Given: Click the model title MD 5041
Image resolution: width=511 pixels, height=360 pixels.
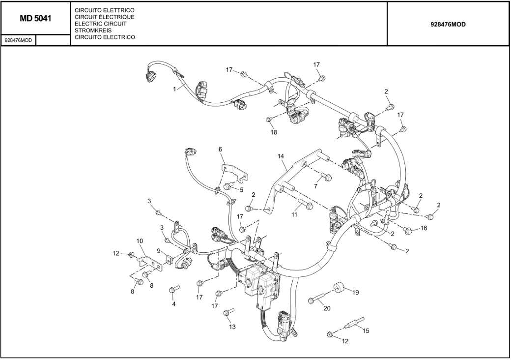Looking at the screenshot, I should (35, 19).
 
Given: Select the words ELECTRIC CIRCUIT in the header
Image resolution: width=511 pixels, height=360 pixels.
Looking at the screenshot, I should (100, 24).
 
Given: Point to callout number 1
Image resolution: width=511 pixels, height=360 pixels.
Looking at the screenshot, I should (174, 89).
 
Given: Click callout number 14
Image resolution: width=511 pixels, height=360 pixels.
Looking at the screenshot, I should (281, 156).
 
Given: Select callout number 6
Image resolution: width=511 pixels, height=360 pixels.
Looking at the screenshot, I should (220, 149).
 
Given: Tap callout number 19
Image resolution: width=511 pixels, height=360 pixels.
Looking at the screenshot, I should (355, 292).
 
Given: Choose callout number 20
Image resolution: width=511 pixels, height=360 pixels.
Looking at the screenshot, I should (327, 308).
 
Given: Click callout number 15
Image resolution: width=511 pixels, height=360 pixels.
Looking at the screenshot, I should (366, 330).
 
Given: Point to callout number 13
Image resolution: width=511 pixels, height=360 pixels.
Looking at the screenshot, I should (232, 327).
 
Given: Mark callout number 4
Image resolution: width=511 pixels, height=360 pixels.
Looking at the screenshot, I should (173, 304).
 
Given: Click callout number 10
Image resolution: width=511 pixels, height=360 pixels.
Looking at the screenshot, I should (140, 241).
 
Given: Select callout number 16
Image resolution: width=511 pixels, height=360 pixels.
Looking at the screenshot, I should (424, 228).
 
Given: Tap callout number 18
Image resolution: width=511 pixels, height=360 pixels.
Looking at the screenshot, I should (274, 132).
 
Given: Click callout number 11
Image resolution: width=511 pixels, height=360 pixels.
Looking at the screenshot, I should (294, 214).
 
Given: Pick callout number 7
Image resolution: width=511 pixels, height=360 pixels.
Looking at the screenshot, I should (316, 186).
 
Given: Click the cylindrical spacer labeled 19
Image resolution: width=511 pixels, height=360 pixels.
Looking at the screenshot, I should (338, 287).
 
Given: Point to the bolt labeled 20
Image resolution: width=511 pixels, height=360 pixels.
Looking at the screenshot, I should (316, 299).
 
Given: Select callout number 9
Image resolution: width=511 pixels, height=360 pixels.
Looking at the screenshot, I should (159, 251).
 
